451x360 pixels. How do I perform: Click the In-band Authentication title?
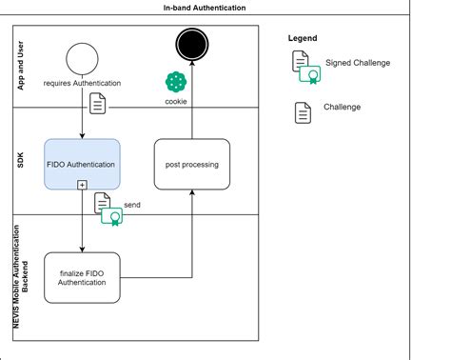(x=205, y=7)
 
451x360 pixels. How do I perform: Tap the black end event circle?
(x=193, y=43)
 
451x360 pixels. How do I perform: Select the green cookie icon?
(x=176, y=82)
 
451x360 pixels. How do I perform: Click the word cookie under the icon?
(x=176, y=100)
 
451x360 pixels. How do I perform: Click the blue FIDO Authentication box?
(x=82, y=164)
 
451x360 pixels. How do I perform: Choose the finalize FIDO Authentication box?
(x=82, y=277)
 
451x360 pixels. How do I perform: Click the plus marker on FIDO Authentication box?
(x=82, y=184)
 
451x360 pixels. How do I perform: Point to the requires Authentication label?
(x=83, y=84)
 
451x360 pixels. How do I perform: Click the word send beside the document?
(x=132, y=204)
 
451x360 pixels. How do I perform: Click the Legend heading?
(x=303, y=38)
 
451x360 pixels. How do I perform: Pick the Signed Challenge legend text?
(x=358, y=63)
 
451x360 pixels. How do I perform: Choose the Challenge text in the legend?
(x=342, y=108)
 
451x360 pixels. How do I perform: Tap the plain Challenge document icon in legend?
(x=302, y=111)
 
